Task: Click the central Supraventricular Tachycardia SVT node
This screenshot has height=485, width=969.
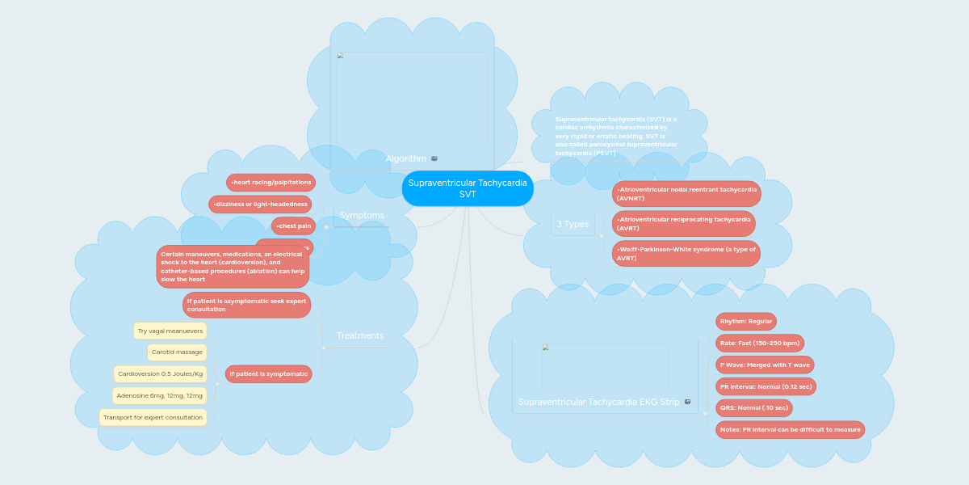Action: click(x=468, y=188)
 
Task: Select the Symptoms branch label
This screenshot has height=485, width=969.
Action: click(x=362, y=215)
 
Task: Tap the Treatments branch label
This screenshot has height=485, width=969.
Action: click(x=360, y=335)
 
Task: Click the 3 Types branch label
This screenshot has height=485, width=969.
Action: click(x=573, y=224)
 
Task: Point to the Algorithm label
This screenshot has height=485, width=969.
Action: click(x=405, y=158)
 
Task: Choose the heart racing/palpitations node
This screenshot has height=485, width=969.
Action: click(x=271, y=183)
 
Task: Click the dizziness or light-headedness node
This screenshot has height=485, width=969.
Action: click(x=260, y=204)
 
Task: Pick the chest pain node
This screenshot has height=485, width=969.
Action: click(x=293, y=226)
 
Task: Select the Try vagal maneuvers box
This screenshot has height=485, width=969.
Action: click(x=170, y=331)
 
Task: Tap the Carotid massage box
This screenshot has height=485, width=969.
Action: click(x=176, y=352)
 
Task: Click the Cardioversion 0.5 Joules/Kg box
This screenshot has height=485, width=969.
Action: click(x=160, y=373)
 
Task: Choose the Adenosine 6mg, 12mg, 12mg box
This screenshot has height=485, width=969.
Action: click(x=159, y=395)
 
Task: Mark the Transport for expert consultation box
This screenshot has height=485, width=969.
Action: click(x=153, y=417)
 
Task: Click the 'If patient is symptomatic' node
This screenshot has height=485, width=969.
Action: click(x=268, y=373)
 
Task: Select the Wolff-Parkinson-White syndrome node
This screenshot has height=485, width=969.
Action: click(x=686, y=253)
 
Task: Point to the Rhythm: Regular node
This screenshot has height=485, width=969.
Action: click(x=745, y=321)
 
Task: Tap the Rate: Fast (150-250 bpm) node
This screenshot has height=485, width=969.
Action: click(x=759, y=343)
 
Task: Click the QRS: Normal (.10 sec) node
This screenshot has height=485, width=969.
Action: click(x=753, y=407)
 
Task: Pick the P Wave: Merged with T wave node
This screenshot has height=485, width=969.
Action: click(x=764, y=365)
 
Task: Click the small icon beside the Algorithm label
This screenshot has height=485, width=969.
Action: click(x=434, y=158)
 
